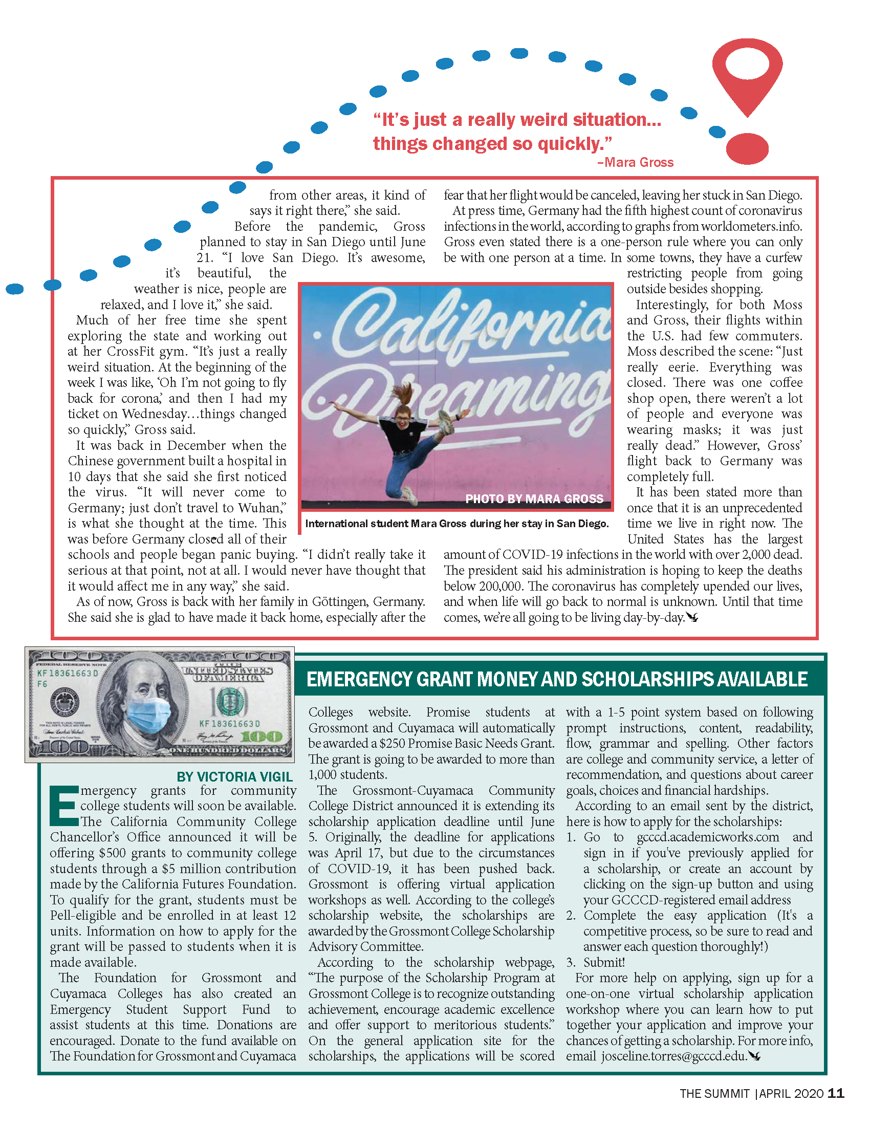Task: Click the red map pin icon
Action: coord(747,72)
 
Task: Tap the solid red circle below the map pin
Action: coord(747,148)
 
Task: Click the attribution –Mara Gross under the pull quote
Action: coord(635,162)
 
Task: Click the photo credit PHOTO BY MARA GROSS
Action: coord(534,499)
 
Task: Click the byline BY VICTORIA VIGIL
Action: coord(234,776)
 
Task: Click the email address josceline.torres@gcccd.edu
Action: coord(674,1056)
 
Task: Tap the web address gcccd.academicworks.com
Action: coord(708,837)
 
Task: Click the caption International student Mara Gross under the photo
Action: coord(456,524)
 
